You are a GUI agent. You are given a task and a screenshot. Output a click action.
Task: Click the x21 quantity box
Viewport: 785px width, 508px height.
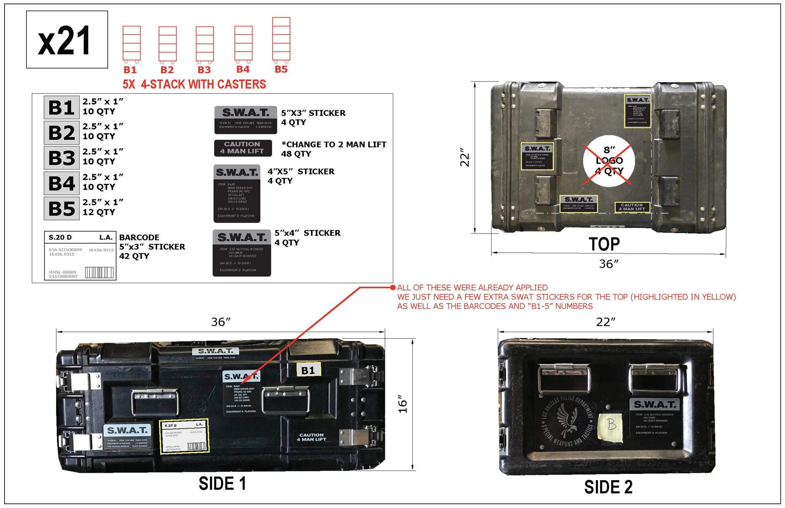click(67, 40)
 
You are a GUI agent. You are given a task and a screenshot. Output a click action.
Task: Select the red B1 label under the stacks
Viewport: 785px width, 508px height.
click(130, 70)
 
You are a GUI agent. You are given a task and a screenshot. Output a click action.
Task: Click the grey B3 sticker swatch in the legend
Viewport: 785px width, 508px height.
click(62, 158)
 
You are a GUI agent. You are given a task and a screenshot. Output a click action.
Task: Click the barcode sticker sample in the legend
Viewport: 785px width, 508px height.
click(80, 256)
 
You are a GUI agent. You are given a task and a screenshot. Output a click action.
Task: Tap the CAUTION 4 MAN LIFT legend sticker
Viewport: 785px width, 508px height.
click(243, 148)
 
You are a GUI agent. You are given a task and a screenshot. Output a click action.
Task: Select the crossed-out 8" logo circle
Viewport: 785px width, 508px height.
click(609, 161)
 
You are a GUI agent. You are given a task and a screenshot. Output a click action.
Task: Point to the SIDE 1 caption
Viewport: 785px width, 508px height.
click(222, 484)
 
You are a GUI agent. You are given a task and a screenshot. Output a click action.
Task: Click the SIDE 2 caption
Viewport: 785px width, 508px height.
click(608, 487)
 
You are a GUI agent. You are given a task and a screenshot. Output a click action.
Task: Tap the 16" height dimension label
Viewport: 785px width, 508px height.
click(403, 403)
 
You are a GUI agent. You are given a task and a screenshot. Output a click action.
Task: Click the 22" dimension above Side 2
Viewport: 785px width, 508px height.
click(606, 322)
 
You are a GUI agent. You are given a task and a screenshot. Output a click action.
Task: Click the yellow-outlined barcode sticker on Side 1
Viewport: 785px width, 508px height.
click(184, 436)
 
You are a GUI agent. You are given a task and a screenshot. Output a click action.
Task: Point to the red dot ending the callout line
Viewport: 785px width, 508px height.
click(392, 287)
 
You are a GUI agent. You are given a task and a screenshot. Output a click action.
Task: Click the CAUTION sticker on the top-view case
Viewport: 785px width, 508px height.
click(632, 207)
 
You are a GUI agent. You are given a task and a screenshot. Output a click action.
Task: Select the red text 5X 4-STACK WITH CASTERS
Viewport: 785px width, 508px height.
click(194, 84)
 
